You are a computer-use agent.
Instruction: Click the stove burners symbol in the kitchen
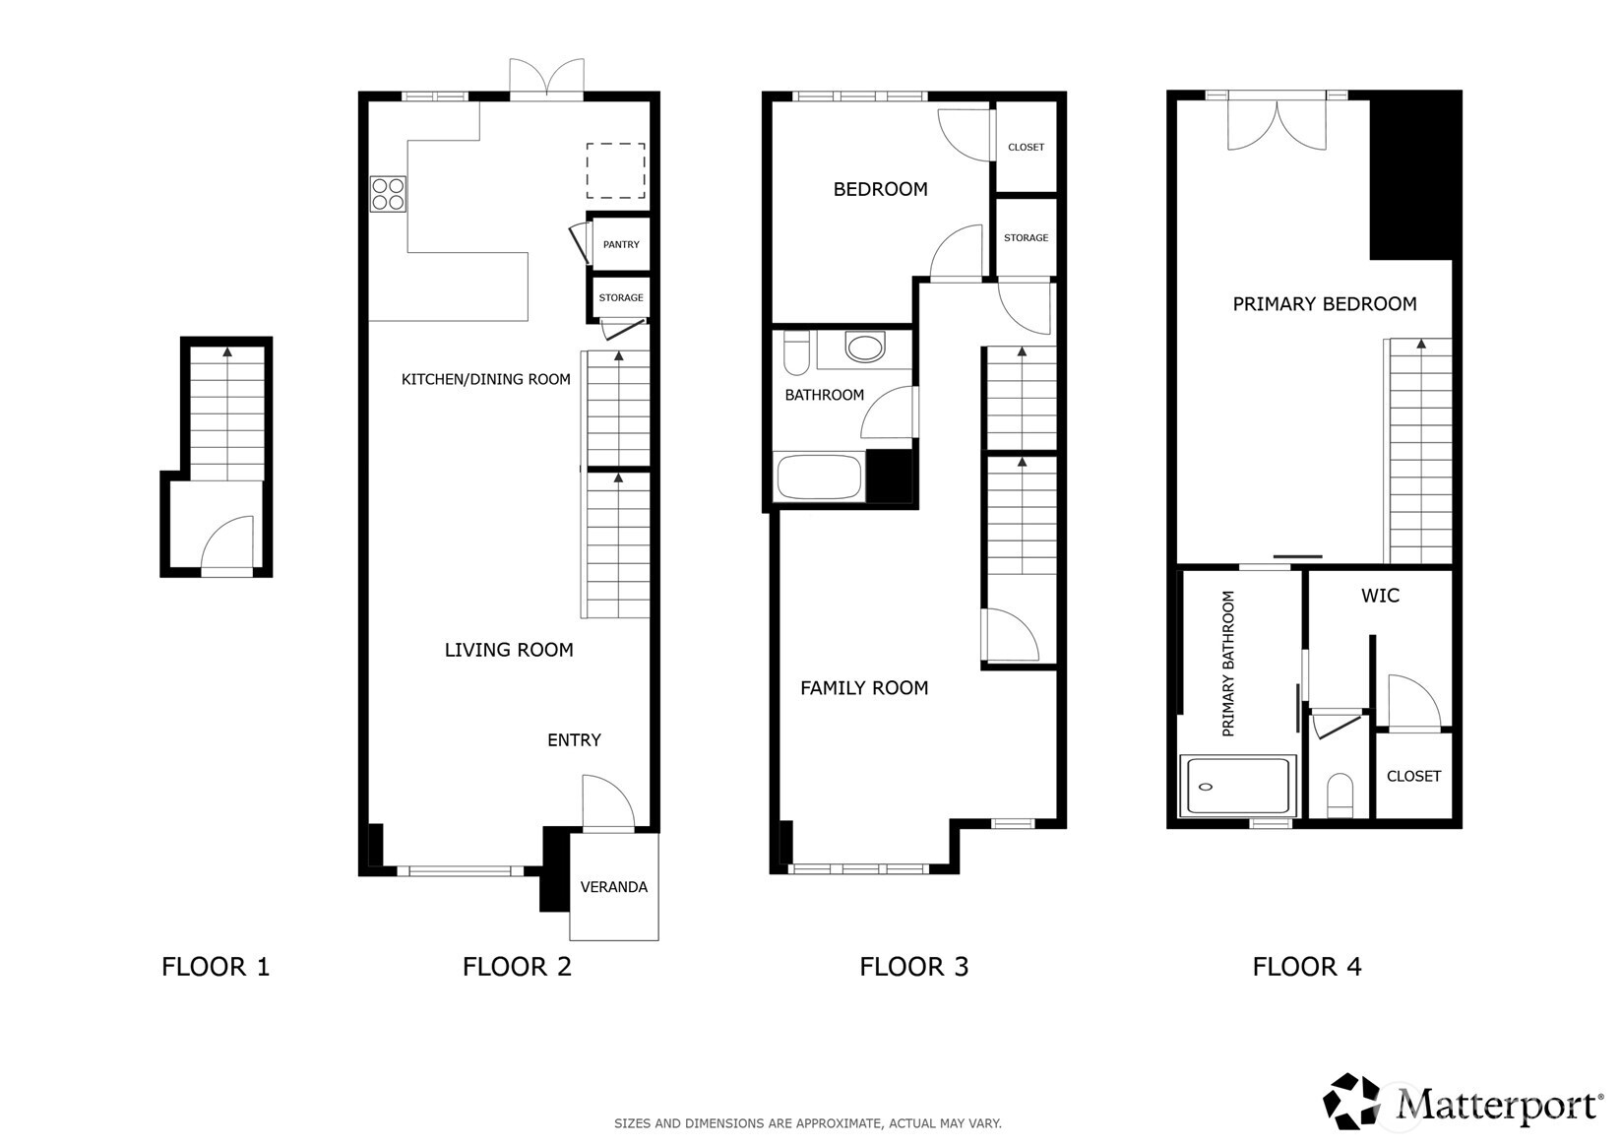coord(388,194)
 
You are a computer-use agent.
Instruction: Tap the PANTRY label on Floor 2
coord(621,244)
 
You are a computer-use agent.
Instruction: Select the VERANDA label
coord(613,887)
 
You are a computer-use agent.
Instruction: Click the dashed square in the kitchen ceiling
coord(616,171)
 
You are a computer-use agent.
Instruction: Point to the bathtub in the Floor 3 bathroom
coord(819,477)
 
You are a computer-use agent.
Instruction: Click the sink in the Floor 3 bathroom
coord(865,348)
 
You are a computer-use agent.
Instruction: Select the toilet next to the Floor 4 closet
coord(1340,795)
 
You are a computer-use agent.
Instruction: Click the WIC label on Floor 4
coord(1380,596)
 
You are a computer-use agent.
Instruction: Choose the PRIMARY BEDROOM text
coord(1324,304)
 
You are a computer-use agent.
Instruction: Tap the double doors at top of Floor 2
coord(546,79)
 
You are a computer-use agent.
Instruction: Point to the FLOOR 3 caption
coord(913,967)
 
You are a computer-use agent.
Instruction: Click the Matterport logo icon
coord(1352,1101)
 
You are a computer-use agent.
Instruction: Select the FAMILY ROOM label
coord(864,688)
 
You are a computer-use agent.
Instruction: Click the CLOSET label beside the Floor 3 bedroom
coord(1026,148)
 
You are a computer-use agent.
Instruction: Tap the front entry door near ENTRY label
coord(606,803)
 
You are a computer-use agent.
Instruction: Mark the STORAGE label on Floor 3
coord(1026,238)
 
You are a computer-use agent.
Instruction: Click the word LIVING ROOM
coord(509,650)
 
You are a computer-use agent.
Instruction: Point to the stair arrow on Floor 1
coord(228,351)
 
